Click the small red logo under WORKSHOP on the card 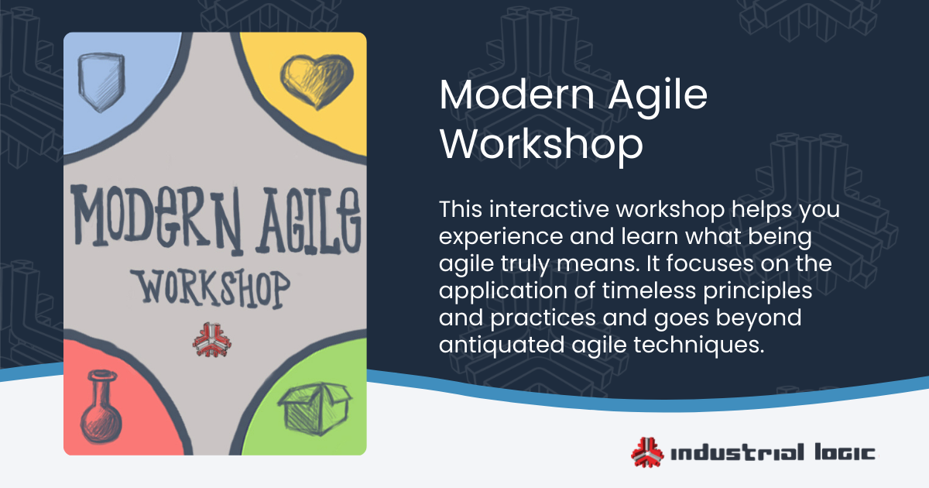(211, 339)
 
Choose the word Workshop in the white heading (541, 144)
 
